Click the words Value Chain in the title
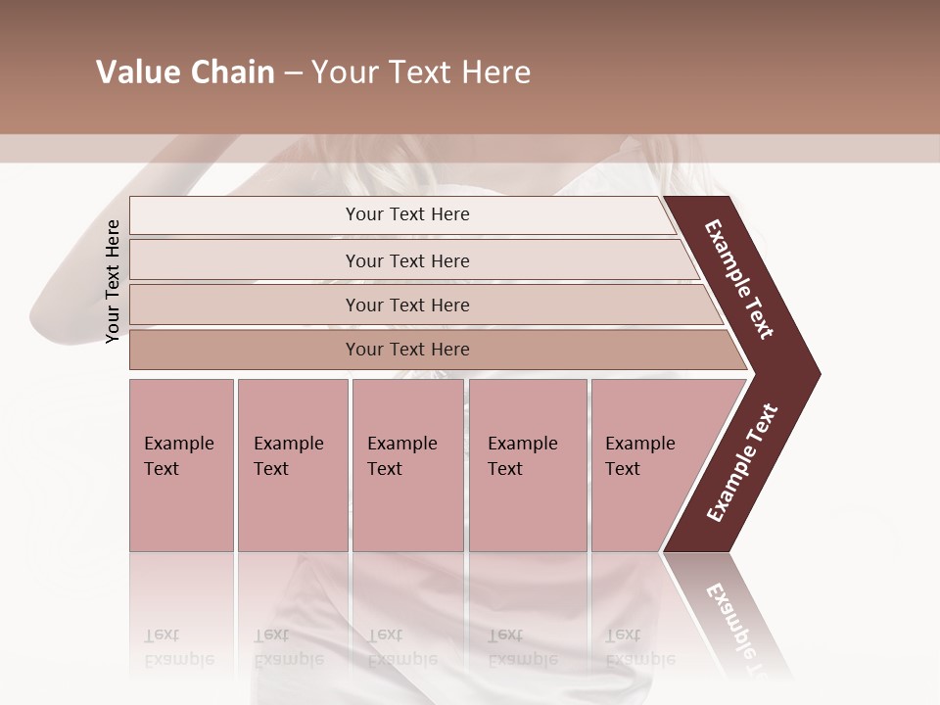(185, 72)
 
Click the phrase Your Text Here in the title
(421, 72)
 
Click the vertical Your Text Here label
(113, 281)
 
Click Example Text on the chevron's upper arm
(739, 279)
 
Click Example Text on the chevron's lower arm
(742, 462)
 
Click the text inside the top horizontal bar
(407, 214)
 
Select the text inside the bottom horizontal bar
(407, 350)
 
